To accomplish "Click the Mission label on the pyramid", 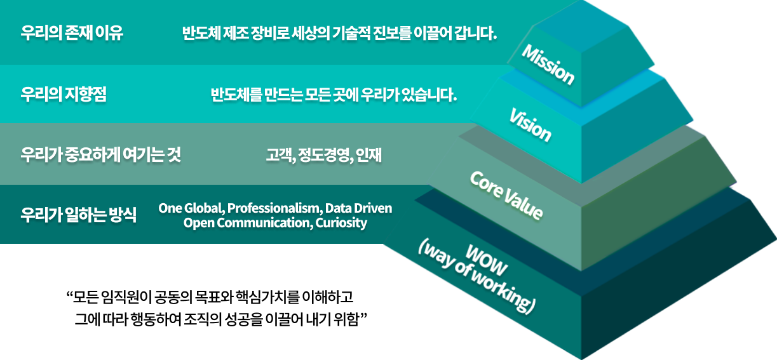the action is pyautogui.click(x=548, y=65).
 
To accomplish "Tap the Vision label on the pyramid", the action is pyautogui.click(x=530, y=125).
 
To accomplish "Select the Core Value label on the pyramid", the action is pyautogui.click(x=506, y=196).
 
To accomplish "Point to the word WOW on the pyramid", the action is pyautogui.click(x=486, y=260).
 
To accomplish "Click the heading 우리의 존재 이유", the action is pyautogui.click(x=72, y=33).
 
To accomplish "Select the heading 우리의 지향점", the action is pyautogui.click(x=64, y=95).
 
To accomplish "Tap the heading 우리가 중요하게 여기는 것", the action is pyautogui.click(x=100, y=155).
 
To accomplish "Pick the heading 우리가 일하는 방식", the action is pyautogui.click(x=78, y=215).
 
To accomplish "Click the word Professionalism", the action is pyautogui.click(x=274, y=208).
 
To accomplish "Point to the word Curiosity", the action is pyautogui.click(x=341, y=223).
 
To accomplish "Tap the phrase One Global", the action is pyautogui.click(x=191, y=208).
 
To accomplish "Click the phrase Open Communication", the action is pyautogui.click(x=248, y=223).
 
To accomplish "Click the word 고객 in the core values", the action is pyautogui.click(x=280, y=155).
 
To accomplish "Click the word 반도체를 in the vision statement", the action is pyautogui.click(x=236, y=95).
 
